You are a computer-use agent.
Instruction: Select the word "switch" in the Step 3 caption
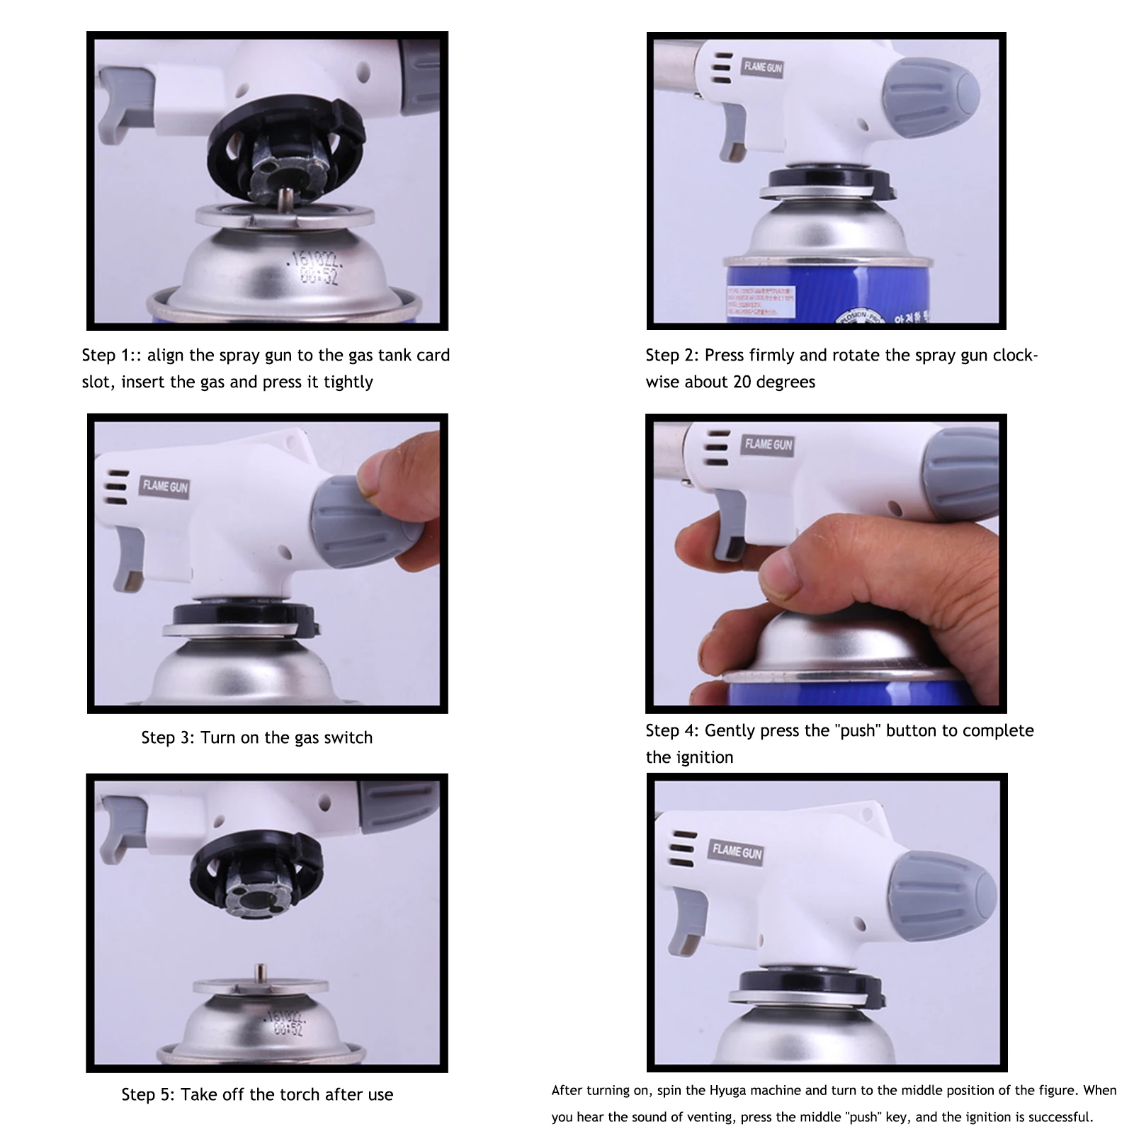[x=348, y=737]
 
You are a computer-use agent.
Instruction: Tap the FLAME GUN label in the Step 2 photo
[x=763, y=67]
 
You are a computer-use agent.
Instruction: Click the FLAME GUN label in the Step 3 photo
[x=166, y=487]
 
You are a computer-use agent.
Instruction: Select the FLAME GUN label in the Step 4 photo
[x=769, y=445]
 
